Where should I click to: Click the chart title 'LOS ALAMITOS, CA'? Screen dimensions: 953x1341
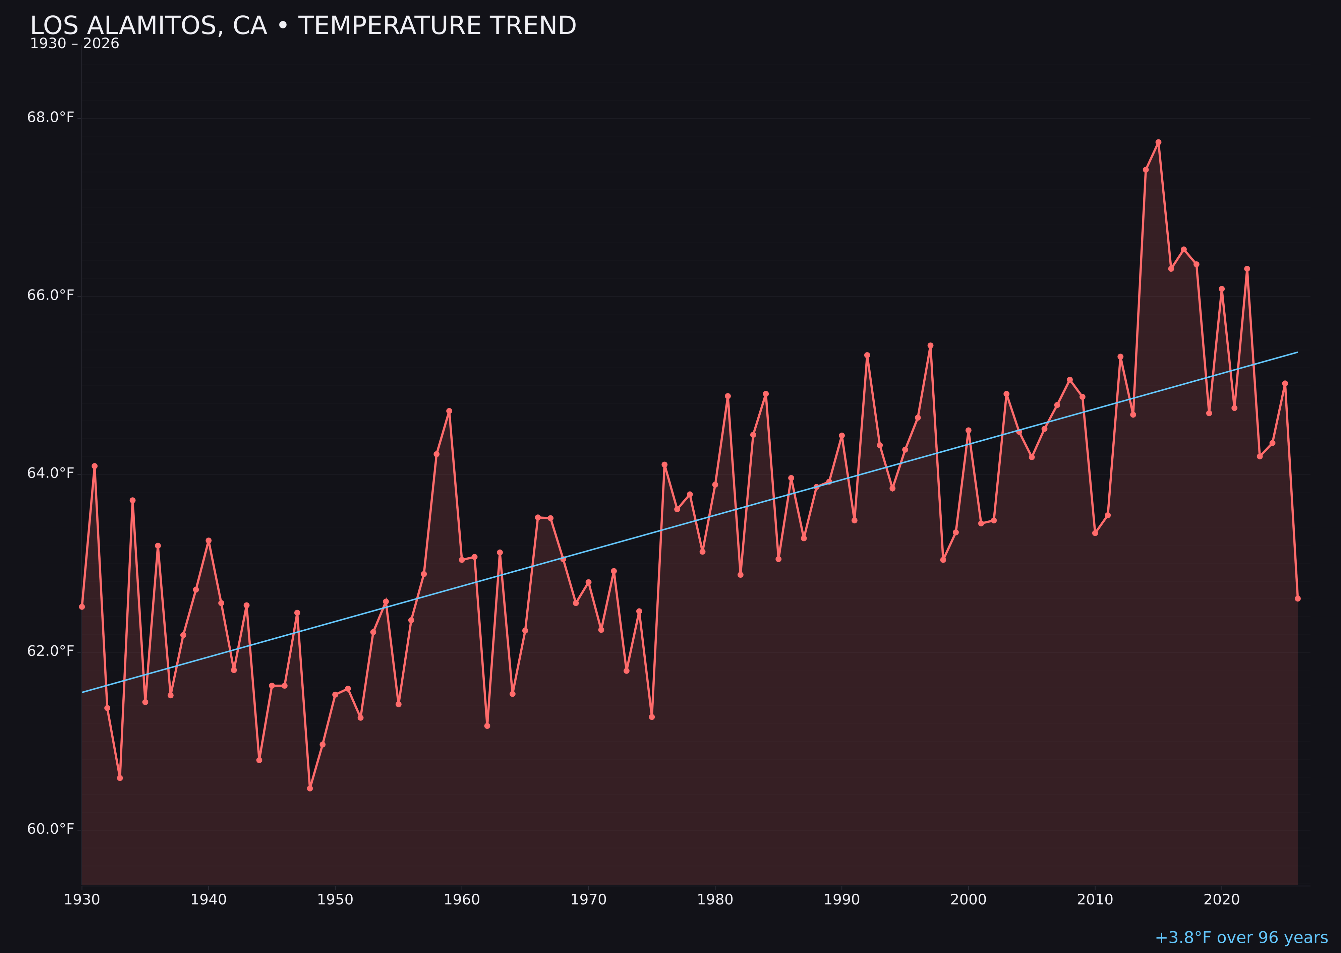(x=303, y=26)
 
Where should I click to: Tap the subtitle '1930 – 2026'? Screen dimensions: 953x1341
(x=74, y=44)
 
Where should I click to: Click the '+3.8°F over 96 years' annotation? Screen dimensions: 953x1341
(x=1241, y=937)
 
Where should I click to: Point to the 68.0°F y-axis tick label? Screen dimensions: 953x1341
(x=51, y=117)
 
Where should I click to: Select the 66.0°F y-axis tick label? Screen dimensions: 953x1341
(x=51, y=295)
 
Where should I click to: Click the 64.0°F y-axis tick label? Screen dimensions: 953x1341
(x=51, y=473)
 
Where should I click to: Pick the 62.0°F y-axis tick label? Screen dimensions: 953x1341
(x=51, y=651)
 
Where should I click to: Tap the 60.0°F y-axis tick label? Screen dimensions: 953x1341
(x=51, y=829)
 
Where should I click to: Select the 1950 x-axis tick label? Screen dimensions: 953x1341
(x=335, y=900)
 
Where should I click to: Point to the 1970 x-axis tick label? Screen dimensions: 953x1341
(x=588, y=900)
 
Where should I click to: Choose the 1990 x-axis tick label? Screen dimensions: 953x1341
(x=842, y=900)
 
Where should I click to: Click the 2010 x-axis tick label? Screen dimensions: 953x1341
(x=1095, y=900)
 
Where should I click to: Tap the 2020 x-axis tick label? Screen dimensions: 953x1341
(x=1222, y=900)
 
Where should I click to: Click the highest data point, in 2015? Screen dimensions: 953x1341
(x=1158, y=142)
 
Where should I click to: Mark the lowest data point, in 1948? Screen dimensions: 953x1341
(x=310, y=788)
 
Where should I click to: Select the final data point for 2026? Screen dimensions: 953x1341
(x=1297, y=598)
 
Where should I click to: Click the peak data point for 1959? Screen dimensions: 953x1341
(x=449, y=411)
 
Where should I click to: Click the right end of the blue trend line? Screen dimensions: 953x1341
(x=1297, y=352)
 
